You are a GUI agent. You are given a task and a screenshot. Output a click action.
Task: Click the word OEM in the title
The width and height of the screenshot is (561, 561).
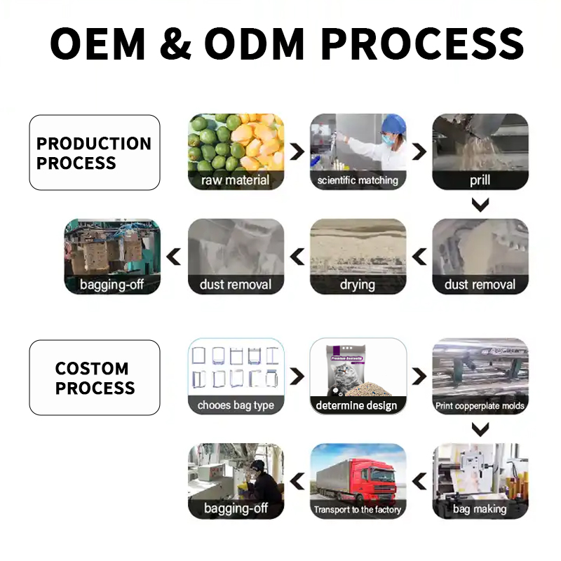[x=97, y=43]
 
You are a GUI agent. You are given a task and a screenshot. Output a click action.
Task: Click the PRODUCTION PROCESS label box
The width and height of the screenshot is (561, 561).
[x=95, y=153]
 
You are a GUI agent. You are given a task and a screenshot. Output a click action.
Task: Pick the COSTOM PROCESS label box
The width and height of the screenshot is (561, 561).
[x=95, y=378]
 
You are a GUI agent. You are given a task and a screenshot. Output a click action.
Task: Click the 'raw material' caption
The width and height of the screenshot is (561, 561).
[x=236, y=180]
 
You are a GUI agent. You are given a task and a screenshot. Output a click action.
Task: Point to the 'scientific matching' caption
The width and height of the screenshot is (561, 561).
[x=358, y=180]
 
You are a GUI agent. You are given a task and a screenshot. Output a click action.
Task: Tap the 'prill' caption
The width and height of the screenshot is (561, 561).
[x=480, y=180]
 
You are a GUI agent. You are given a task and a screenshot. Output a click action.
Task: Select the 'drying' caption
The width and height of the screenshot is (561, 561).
[x=358, y=284]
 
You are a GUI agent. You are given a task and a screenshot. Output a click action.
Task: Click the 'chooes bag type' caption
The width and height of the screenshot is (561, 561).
[x=236, y=405]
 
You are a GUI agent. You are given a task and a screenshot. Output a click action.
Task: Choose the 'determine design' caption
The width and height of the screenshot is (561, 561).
[x=358, y=405]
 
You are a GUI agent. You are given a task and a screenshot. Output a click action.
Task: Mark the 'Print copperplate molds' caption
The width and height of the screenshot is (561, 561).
[x=480, y=405]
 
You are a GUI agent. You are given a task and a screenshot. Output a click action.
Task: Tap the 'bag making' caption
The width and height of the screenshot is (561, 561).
[x=480, y=509]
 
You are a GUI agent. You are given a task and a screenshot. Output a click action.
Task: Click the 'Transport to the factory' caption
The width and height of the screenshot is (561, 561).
[x=358, y=510]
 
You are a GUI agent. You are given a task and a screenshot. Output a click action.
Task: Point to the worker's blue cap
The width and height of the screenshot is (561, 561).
[x=393, y=123]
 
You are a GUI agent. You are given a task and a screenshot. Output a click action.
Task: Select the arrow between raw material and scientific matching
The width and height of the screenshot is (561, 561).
[x=297, y=151]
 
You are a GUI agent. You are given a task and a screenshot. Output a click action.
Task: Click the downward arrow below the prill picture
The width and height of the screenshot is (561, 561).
[x=480, y=205]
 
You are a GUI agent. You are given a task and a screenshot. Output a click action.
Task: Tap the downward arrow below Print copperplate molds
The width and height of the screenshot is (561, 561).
[x=480, y=430]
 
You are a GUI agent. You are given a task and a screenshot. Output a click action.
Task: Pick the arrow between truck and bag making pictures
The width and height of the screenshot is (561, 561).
[x=419, y=481]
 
